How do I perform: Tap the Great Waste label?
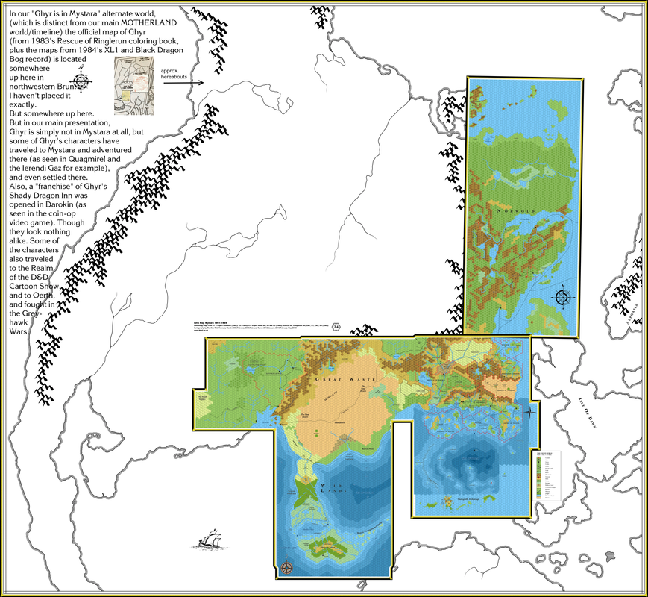[x=340, y=379]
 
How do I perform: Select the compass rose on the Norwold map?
[x=563, y=298]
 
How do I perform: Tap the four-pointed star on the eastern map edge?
[x=530, y=412]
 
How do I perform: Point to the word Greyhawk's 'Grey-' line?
[x=19, y=314]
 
